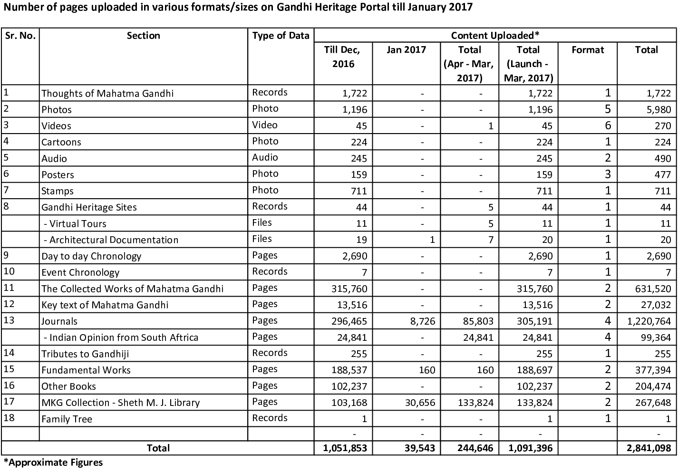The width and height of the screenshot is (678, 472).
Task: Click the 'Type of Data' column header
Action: [x=281, y=36]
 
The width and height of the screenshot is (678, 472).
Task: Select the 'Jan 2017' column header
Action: [x=406, y=50]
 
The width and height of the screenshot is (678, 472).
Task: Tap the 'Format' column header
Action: [x=588, y=50]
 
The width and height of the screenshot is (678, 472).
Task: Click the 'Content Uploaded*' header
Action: [x=495, y=36]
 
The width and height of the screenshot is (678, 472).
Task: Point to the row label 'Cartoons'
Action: [x=61, y=142]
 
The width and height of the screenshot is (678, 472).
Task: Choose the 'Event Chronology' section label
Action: [x=80, y=272]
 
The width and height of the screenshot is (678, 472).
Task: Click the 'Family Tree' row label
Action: [x=67, y=419]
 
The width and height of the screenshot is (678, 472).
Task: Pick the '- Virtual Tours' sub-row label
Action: [x=74, y=223]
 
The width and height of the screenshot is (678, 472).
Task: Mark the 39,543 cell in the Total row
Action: [x=417, y=448]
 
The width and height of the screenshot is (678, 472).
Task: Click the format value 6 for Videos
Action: [x=608, y=125]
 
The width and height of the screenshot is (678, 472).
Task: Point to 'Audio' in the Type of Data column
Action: [x=265, y=158]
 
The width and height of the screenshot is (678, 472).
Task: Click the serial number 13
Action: [x=10, y=320]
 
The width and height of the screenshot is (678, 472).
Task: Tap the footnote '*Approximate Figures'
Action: [x=53, y=462]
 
